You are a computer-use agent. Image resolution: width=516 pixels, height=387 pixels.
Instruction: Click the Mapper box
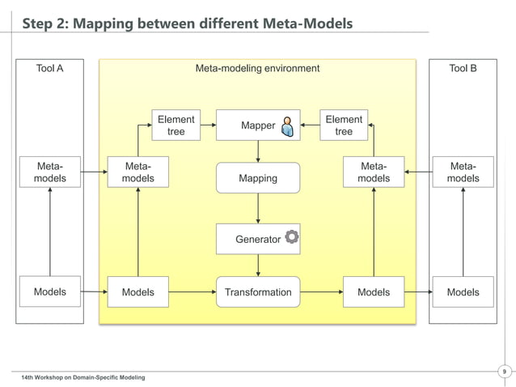(257, 125)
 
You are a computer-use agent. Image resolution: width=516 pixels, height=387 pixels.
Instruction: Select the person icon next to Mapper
(287, 126)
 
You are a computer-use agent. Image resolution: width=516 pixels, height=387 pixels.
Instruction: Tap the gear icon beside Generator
(291, 238)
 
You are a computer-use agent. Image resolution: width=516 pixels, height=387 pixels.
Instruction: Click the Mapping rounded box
(258, 178)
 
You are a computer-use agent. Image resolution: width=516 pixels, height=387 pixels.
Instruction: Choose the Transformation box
(258, 292)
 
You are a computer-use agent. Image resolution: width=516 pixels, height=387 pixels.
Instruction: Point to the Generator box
(258, 239)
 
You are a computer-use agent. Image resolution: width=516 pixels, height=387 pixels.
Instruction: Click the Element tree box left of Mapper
(176, 125)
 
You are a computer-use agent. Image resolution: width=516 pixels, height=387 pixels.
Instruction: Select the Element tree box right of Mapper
(344, 125)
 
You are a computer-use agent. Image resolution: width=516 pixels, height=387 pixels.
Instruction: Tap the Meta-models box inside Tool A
(50, 172)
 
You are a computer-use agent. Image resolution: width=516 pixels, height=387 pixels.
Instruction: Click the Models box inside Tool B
(463, 292)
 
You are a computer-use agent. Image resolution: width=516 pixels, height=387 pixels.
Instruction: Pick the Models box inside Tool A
(50, 291)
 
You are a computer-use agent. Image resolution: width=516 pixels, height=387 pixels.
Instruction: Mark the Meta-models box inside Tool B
(463, 172)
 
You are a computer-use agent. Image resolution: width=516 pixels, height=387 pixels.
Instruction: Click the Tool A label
(50, 68)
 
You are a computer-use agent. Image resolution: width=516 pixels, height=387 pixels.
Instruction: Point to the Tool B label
(463, 68)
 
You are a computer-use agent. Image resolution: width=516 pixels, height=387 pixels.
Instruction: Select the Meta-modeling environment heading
(257, 68)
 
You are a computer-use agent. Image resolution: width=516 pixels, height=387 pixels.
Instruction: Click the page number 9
(504, 372)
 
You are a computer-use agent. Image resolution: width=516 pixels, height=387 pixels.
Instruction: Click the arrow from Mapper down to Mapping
(258, 151)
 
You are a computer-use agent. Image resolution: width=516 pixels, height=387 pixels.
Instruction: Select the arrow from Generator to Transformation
(258, 265)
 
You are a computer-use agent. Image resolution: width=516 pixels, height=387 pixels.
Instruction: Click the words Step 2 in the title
(44, 23)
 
